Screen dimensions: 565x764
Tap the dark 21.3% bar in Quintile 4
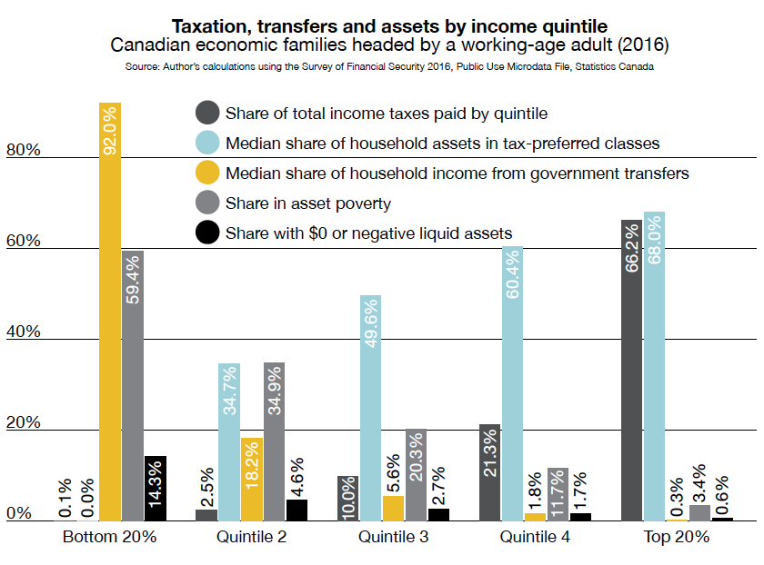[489, 472]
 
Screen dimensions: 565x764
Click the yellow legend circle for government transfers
[207, 173]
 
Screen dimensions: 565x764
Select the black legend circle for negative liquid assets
[207, 233]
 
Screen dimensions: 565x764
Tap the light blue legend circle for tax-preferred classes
[207, 143]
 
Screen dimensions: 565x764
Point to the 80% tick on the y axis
[23, 151]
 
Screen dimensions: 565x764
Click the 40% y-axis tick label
[23, 332]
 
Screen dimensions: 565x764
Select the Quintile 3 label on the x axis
[393, 537]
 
